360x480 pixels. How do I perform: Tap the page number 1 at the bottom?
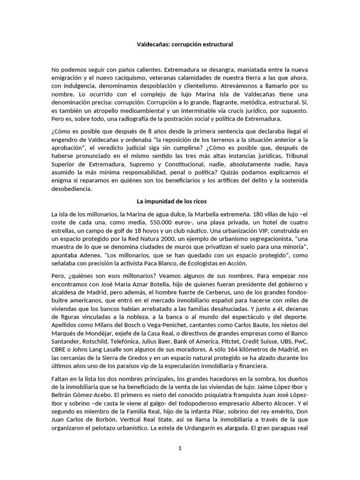[x=180, y=448]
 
